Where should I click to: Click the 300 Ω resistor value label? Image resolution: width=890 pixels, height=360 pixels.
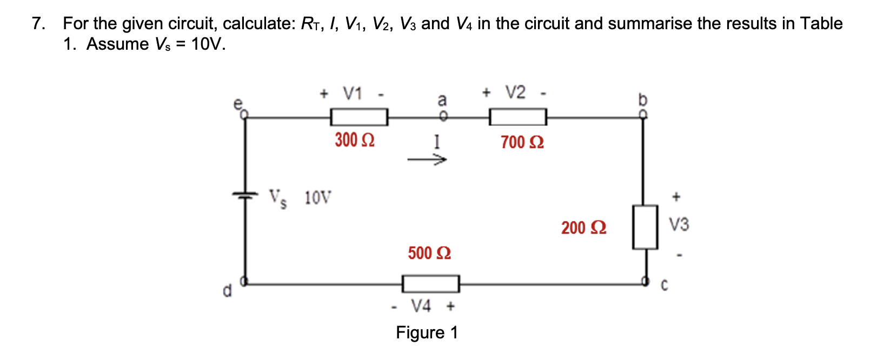pos(355,141)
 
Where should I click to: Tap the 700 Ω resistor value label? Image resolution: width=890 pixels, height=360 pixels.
pos(522,143)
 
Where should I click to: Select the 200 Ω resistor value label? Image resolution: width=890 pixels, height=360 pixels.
pos(583,228)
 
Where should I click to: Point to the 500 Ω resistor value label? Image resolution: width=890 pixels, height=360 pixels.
pos(429,253)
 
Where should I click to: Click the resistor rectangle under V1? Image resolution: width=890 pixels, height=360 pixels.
pos(359,117)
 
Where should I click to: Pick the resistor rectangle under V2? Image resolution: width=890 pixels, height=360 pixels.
pos(517,117)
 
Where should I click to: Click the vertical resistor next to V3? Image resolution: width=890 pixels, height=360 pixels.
pos(645,227)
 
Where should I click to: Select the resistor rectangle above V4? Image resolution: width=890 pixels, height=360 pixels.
pos(430,283)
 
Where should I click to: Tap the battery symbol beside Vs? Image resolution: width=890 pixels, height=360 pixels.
pos(245,196)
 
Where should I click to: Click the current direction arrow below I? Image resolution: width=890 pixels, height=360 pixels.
pos(427,160)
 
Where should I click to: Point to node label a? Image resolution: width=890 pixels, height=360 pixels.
pos(442,100)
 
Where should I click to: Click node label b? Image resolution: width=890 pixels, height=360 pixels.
pos(642,101)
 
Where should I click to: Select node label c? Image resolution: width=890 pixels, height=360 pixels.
pos(665,285)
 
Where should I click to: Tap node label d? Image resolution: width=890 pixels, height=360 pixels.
pos(228,291)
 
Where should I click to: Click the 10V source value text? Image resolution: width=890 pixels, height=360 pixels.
pos(318,198)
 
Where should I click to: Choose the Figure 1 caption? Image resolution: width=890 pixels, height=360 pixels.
pos(427,332)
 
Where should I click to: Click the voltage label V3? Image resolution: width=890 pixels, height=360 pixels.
pos(679,224)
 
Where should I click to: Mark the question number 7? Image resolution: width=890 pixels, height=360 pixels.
pos(37,24)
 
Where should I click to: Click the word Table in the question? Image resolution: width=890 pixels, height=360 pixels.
pos(821,24)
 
